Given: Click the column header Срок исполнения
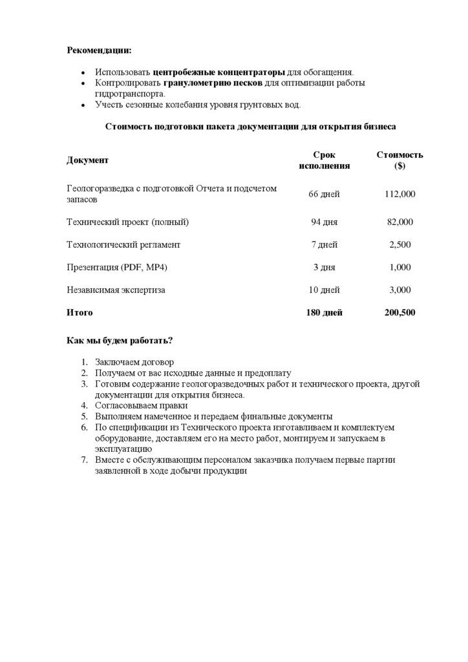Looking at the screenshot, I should point(324,160).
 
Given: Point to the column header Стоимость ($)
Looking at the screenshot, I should point(399,160).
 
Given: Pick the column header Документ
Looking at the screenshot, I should point(88,160).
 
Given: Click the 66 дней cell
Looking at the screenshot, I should point(324,194).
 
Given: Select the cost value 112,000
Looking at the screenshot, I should point(399,194).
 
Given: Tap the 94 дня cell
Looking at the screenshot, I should point(324,222).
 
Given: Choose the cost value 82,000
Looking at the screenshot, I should point(399,222).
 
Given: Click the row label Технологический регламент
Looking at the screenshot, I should point(123,245).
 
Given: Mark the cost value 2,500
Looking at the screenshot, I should point(399,245).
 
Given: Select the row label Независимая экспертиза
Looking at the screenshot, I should point(116,290).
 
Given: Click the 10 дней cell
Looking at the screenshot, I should point(324,290).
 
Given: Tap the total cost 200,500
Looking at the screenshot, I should point(399,313).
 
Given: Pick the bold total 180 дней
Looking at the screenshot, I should point(324,313).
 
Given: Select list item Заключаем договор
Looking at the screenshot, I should point(134,363).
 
